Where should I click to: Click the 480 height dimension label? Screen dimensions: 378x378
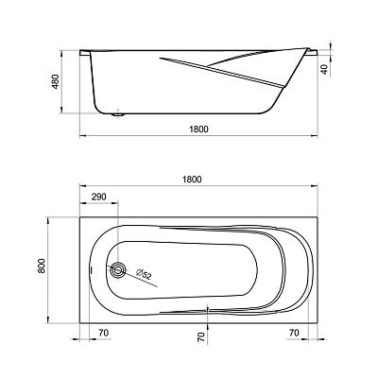click(x=55, y=82)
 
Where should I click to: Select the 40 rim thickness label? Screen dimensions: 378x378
click(x=325, y=70)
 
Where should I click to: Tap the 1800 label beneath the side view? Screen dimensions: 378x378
click(x=199, y=129)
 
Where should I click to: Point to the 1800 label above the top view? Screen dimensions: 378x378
click(x=192, y=180)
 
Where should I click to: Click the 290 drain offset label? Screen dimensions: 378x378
click(x=99, y=197)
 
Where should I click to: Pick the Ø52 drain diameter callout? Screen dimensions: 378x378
click(x=144, y=274)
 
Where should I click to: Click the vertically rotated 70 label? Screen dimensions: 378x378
click(x=201, y=337)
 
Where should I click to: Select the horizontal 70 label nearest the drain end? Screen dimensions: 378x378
click(x=104, y=333)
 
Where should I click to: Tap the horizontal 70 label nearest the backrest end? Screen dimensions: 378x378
click(x=294, y=333)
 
